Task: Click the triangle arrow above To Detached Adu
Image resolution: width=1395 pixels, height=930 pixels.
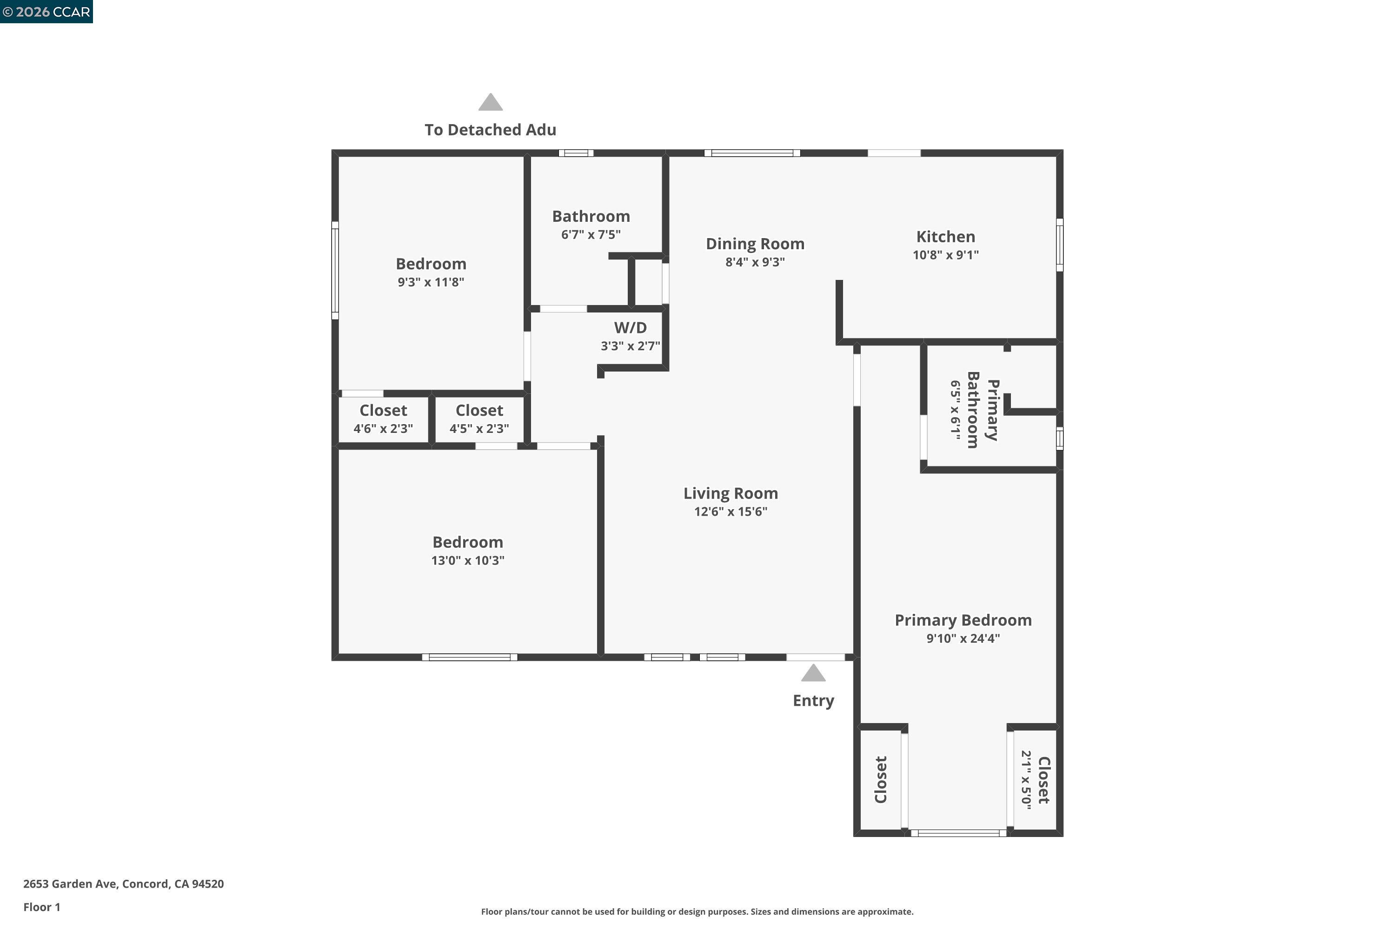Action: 491,103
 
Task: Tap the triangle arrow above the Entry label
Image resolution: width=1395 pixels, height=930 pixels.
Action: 813,673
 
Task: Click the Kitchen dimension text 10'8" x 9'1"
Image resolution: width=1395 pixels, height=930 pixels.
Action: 945,255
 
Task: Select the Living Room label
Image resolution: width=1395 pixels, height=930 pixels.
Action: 731,493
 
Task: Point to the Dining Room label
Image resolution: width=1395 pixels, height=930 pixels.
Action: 755,244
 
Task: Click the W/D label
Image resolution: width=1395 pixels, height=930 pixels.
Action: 631,327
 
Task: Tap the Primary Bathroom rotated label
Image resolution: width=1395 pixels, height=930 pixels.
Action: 982,410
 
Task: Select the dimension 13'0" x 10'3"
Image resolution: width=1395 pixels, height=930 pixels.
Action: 467,560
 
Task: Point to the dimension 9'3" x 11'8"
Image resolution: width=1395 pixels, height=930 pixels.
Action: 431,282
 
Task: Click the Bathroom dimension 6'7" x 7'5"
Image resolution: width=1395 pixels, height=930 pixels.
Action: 591,235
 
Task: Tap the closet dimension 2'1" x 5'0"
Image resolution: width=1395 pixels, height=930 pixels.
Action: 1026,779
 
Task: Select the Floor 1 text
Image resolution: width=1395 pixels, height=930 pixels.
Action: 41,907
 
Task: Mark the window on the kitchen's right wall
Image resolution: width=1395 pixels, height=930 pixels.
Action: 1060,245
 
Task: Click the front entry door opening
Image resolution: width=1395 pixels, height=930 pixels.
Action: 816,657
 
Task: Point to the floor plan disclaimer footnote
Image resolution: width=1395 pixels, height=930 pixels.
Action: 697,911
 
